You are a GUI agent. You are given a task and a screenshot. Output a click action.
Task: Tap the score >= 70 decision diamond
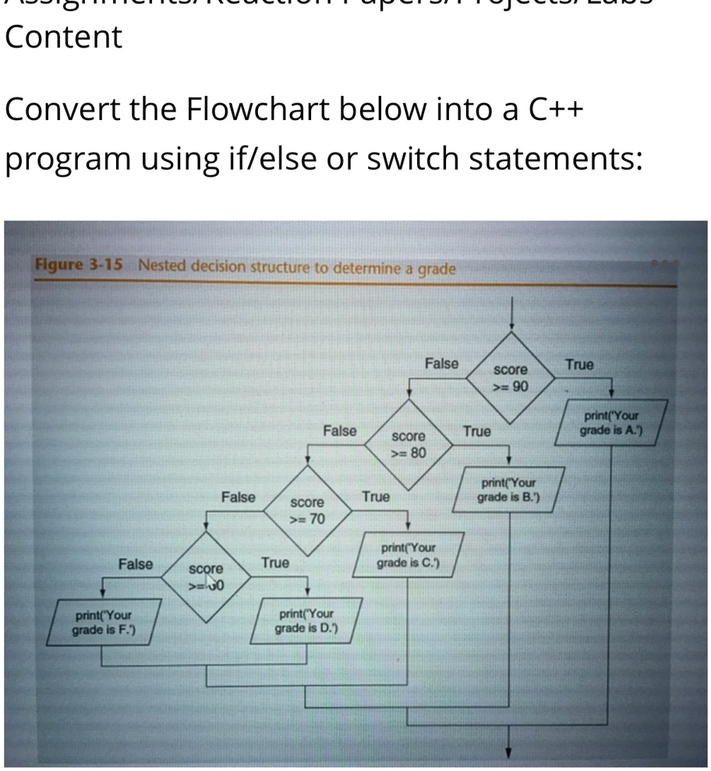coord(307,511)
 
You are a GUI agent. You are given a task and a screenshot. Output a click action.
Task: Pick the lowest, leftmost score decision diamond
coord(206,577)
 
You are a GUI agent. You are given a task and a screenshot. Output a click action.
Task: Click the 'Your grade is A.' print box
coord(610,423)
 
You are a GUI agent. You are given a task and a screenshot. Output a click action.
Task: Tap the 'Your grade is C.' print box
coord(408,556)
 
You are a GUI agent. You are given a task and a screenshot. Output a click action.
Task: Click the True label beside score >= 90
coord(579,364)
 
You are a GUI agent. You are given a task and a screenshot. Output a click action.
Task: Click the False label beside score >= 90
coord(441,364)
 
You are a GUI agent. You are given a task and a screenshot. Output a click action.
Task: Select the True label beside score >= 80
coord(477,431)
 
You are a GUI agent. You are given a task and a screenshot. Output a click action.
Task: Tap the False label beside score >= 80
coord(340,430)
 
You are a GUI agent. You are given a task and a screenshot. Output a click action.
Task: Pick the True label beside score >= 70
coord(376,497)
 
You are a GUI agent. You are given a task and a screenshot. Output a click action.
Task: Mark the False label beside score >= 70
coord(238,497)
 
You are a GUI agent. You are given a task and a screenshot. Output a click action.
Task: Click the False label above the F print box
coord(136,564)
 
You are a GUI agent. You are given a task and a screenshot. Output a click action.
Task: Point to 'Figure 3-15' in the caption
coord(80,264)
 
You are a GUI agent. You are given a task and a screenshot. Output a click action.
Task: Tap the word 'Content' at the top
coord(63,37)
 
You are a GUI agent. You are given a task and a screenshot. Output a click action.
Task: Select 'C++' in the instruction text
coord(557,111)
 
